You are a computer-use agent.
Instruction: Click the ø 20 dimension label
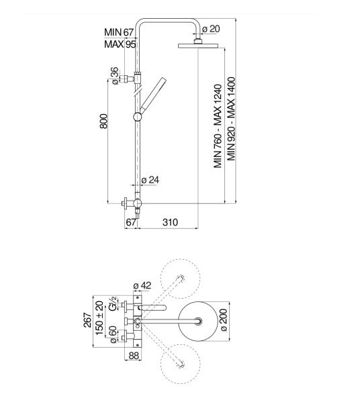(211, 29)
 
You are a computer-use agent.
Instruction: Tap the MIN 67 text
(119, 32)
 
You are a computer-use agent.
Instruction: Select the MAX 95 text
(120, 44)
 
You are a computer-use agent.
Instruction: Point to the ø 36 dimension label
(115, 76)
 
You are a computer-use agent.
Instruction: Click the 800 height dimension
(103, 121)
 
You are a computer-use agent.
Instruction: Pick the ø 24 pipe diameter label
(150, 180)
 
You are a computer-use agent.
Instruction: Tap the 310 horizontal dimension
(170, 222)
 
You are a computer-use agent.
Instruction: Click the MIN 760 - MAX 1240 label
(218, 126)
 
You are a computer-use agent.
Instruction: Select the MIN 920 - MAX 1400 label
(231, 119)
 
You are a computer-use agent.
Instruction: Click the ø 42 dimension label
(142, 285)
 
